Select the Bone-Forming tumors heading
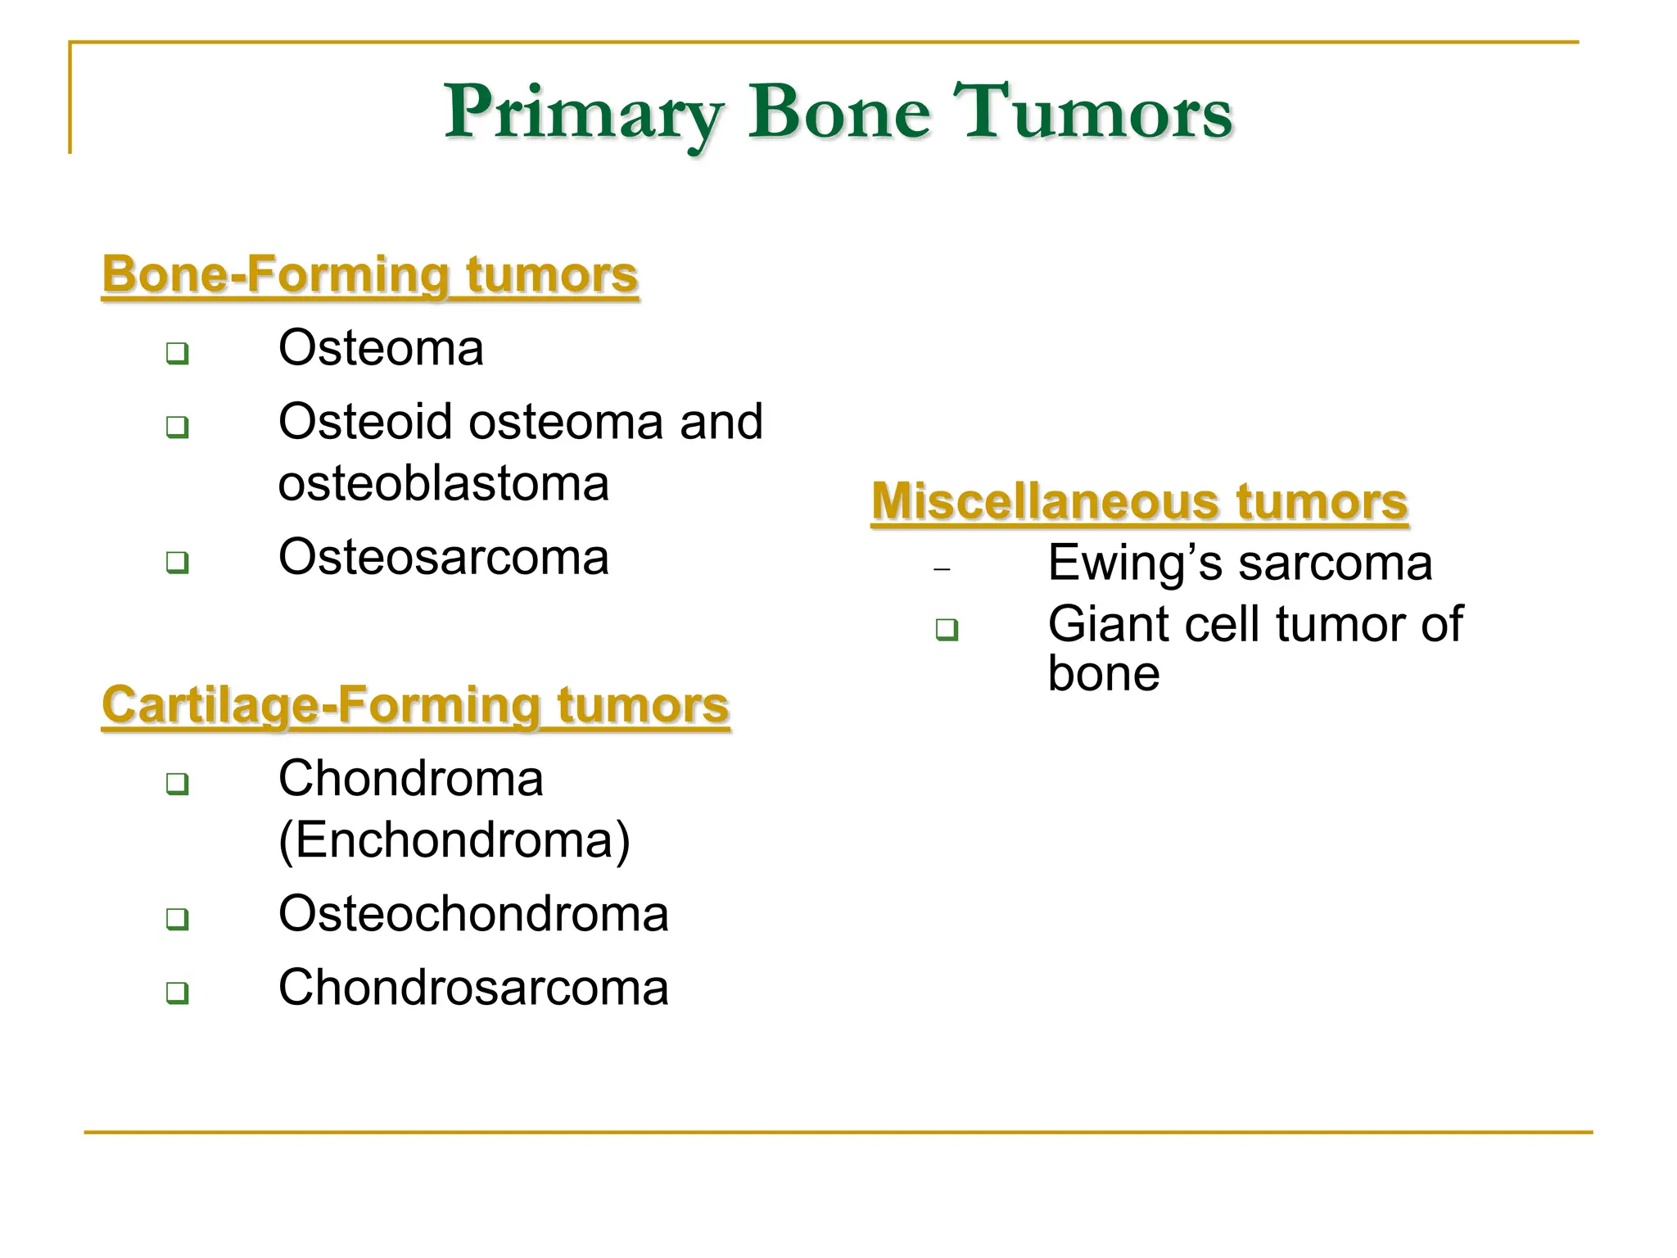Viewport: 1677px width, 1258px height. pos(369,274)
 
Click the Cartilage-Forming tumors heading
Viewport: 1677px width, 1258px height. pos(415,705)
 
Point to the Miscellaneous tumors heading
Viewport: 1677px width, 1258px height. pos(1139,501)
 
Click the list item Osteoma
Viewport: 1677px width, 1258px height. pos(381,348)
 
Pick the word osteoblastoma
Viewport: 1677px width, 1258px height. pos(443,484)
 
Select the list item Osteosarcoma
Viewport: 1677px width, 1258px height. pos(443,558)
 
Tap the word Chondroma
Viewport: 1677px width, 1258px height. pos(410,779)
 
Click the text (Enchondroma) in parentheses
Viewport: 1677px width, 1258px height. pos(454,840)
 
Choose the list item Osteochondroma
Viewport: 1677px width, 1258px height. pos(473,914)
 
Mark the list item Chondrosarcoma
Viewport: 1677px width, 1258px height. pos(473,988)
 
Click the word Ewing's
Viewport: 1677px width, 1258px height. pos(1135,563)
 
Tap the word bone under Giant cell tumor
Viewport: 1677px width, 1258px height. pos(1103,674)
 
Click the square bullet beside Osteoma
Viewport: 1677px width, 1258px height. pos(177,354)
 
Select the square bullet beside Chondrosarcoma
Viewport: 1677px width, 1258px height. pos(177,993)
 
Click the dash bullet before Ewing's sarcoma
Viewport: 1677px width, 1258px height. pos(942,569)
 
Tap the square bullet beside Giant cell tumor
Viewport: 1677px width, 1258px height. pos(947,630)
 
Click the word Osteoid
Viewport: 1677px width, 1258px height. pos(364,423)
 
